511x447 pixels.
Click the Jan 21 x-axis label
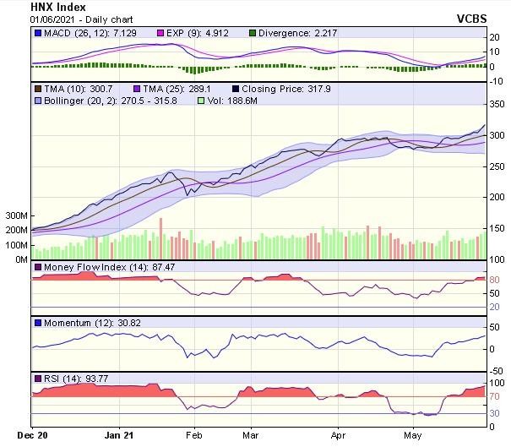tap(117, 435)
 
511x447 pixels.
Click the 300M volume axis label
tap(15, 216)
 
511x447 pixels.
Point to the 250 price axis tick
tap(497, 166)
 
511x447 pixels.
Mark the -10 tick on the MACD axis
tap(496, 81)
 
